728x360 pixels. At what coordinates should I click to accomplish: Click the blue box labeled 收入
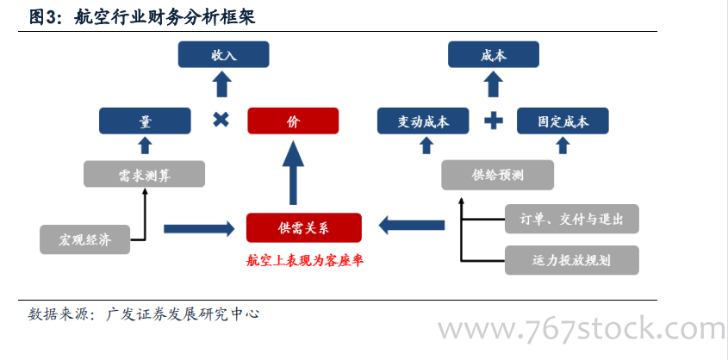(x=223, y=55)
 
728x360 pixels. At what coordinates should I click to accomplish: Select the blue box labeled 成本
(x=494, y=55)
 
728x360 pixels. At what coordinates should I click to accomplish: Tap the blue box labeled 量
(x=145, y=121)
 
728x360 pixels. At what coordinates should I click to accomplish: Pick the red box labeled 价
(x=293, y=121)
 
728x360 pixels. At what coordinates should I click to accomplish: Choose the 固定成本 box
(x=563, y=121)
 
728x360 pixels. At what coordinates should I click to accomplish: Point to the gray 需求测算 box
(x=145, y=175)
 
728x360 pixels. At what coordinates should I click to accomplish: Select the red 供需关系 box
(x=304, y=227)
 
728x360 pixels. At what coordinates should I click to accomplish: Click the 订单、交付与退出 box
(x=572, y=219)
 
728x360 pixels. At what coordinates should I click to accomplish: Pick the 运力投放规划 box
(x=572, y=259)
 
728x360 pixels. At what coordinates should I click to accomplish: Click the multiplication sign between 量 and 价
(x=221, y=121)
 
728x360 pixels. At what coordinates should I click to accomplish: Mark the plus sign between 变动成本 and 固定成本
(x=493, y=121)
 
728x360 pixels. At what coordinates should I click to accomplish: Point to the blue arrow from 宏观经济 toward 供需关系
(x=198, y=228)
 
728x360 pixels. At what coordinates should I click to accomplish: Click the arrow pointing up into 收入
(x=222, y=84)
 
